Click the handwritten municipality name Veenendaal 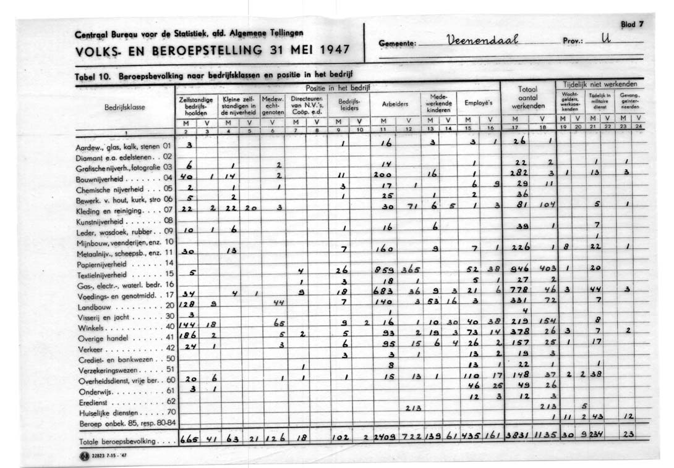[484, 43]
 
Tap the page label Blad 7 [633, 24]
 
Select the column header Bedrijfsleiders [344, 104]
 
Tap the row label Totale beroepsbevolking [119, 442]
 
